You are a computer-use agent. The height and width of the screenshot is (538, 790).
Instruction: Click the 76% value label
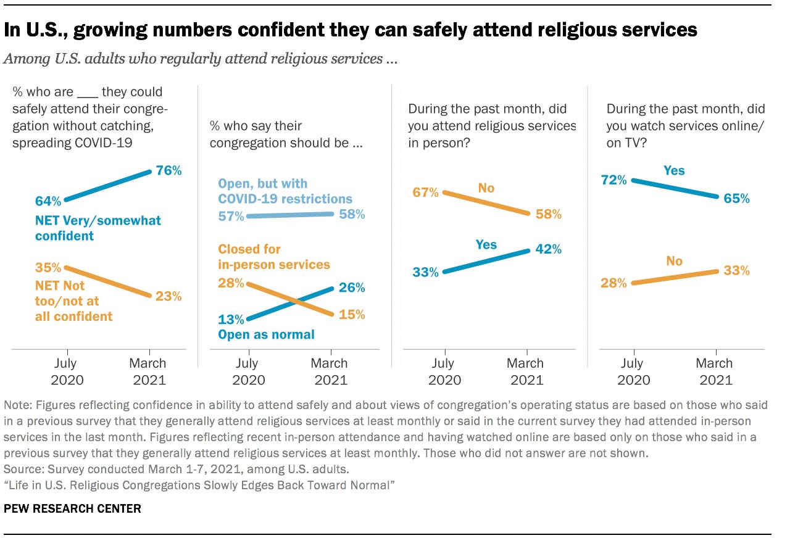point(168,170)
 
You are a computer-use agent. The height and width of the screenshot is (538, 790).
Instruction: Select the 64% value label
point(48,201)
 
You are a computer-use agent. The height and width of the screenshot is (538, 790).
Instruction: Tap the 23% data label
point(168,296)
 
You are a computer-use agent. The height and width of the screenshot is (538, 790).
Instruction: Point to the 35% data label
point(48,268)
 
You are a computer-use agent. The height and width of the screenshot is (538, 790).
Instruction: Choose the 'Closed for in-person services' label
point(274,257)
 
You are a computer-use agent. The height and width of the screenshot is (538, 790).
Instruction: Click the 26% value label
point(352,288)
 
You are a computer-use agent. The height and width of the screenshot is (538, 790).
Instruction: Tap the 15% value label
point(352,314)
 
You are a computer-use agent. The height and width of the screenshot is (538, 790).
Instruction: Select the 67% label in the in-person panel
point(425,192)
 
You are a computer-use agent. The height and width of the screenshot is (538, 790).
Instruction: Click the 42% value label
point(548,249)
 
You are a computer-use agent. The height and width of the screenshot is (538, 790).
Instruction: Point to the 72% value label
point(613,180)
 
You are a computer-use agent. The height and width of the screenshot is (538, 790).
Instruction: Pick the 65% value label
point(736,199)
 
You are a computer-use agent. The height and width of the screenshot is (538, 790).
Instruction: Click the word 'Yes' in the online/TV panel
point(674,170)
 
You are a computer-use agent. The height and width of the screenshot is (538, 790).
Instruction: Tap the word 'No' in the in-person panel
point(486,188)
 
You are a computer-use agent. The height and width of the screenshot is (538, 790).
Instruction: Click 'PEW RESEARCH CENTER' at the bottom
point(73,508)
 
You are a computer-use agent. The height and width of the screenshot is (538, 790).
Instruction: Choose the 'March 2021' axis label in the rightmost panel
point(714,371)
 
